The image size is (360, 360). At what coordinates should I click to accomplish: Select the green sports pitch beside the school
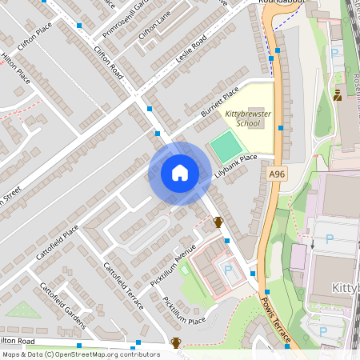pyautogui.click(x=226, y=146)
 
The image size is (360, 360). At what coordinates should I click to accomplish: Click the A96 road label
pyautogui.click(x=277, y=174)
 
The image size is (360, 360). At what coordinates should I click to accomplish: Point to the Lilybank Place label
pyautogui.click(x=235, y=167)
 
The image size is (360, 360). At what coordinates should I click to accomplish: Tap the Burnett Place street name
pyautogui.click(x=220, y=104)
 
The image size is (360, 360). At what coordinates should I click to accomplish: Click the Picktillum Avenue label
pyautogui.click(x=173, y=265)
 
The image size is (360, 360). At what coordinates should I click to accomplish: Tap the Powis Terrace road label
pyautogui.click(x=277, y=319)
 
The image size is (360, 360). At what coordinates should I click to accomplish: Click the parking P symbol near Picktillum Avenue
pyautogui.click(x=229, y=271)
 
